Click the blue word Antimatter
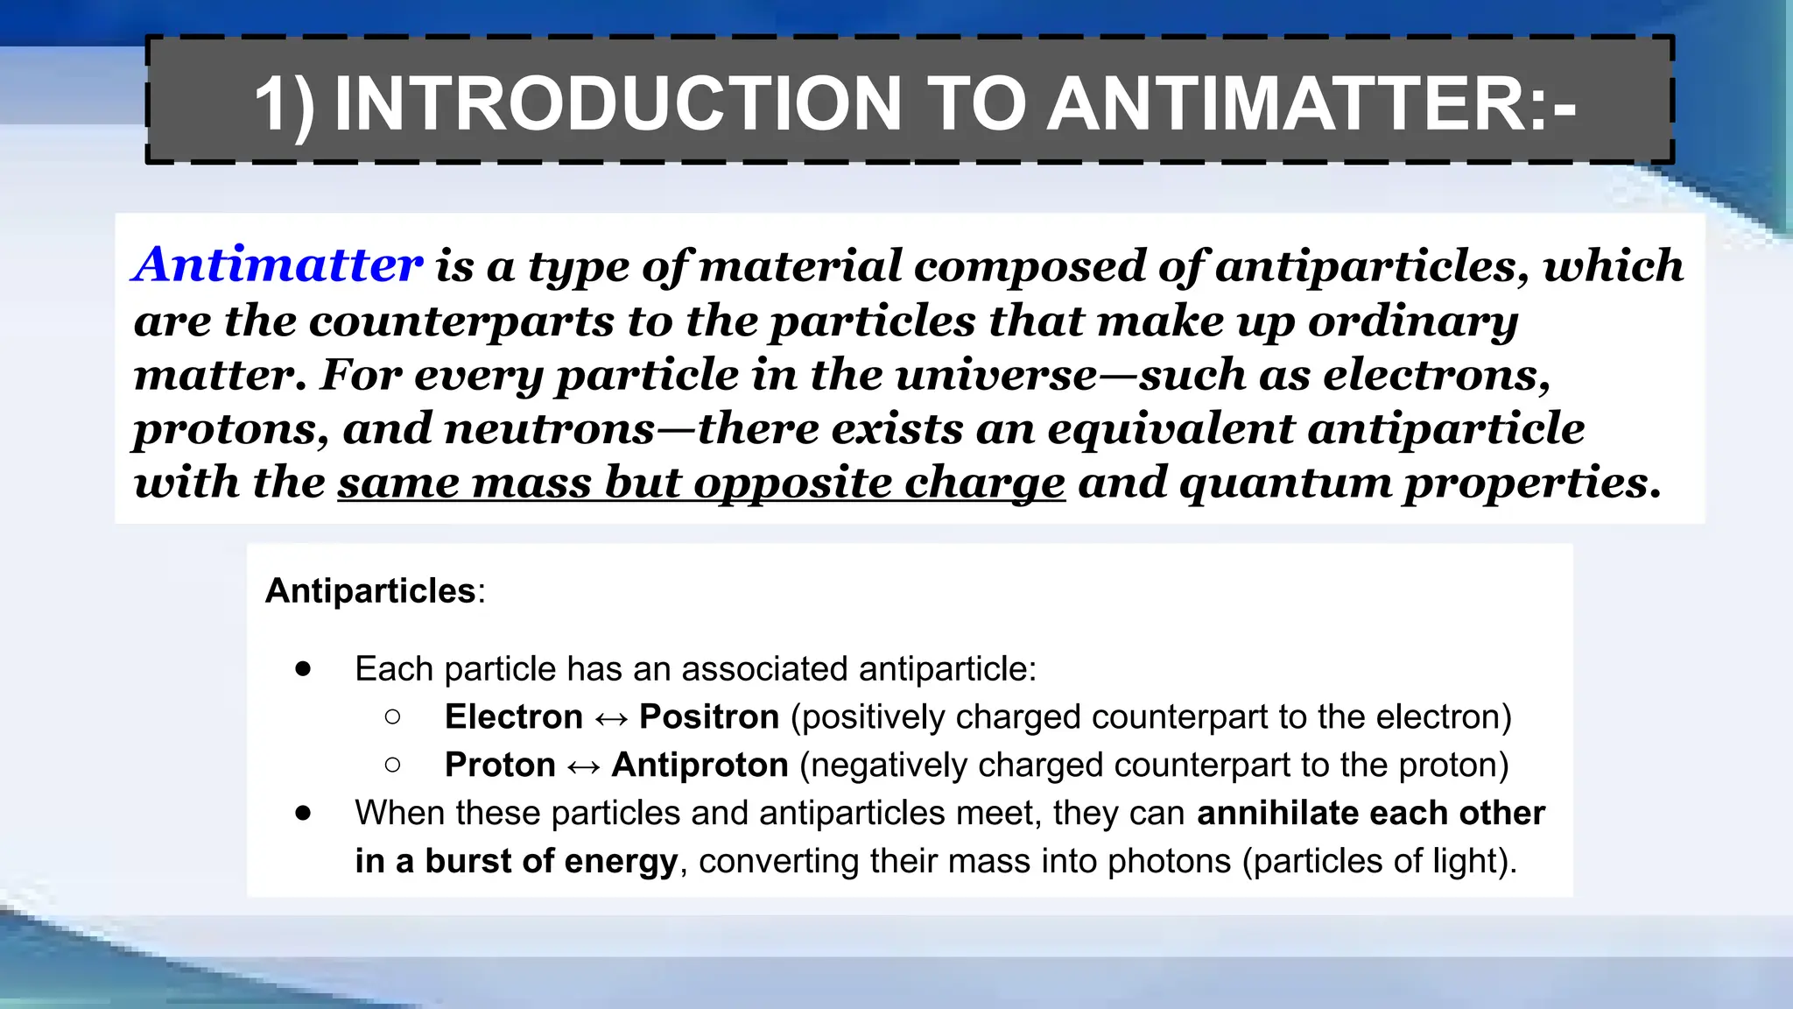pyautogui.click(x=278, y=265)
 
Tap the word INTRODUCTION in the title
pyautogui.click(x=618, y=103)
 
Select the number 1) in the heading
pyautogui.click(x=284, y=105)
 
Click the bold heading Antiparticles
pyautogui.click(x=370, y=591)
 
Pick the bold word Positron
pyautogui.click(x=709, y=717)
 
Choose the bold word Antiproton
pyautogui.click(x=700, y=766)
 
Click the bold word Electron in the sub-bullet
pyautogui.click(x=513, y=717)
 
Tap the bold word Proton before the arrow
pyautogui.click(x=500, y=766)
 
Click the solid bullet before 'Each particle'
pyautogui.click(x=303, y=669)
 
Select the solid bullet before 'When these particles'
pyautogui.click(x=303, y=814)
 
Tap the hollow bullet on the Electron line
pyautogui.click(x=392, y=717)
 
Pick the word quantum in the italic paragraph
pyautogui.click(x=1285, y=483)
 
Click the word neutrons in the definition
pyautogui.click(x=549, y=429)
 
